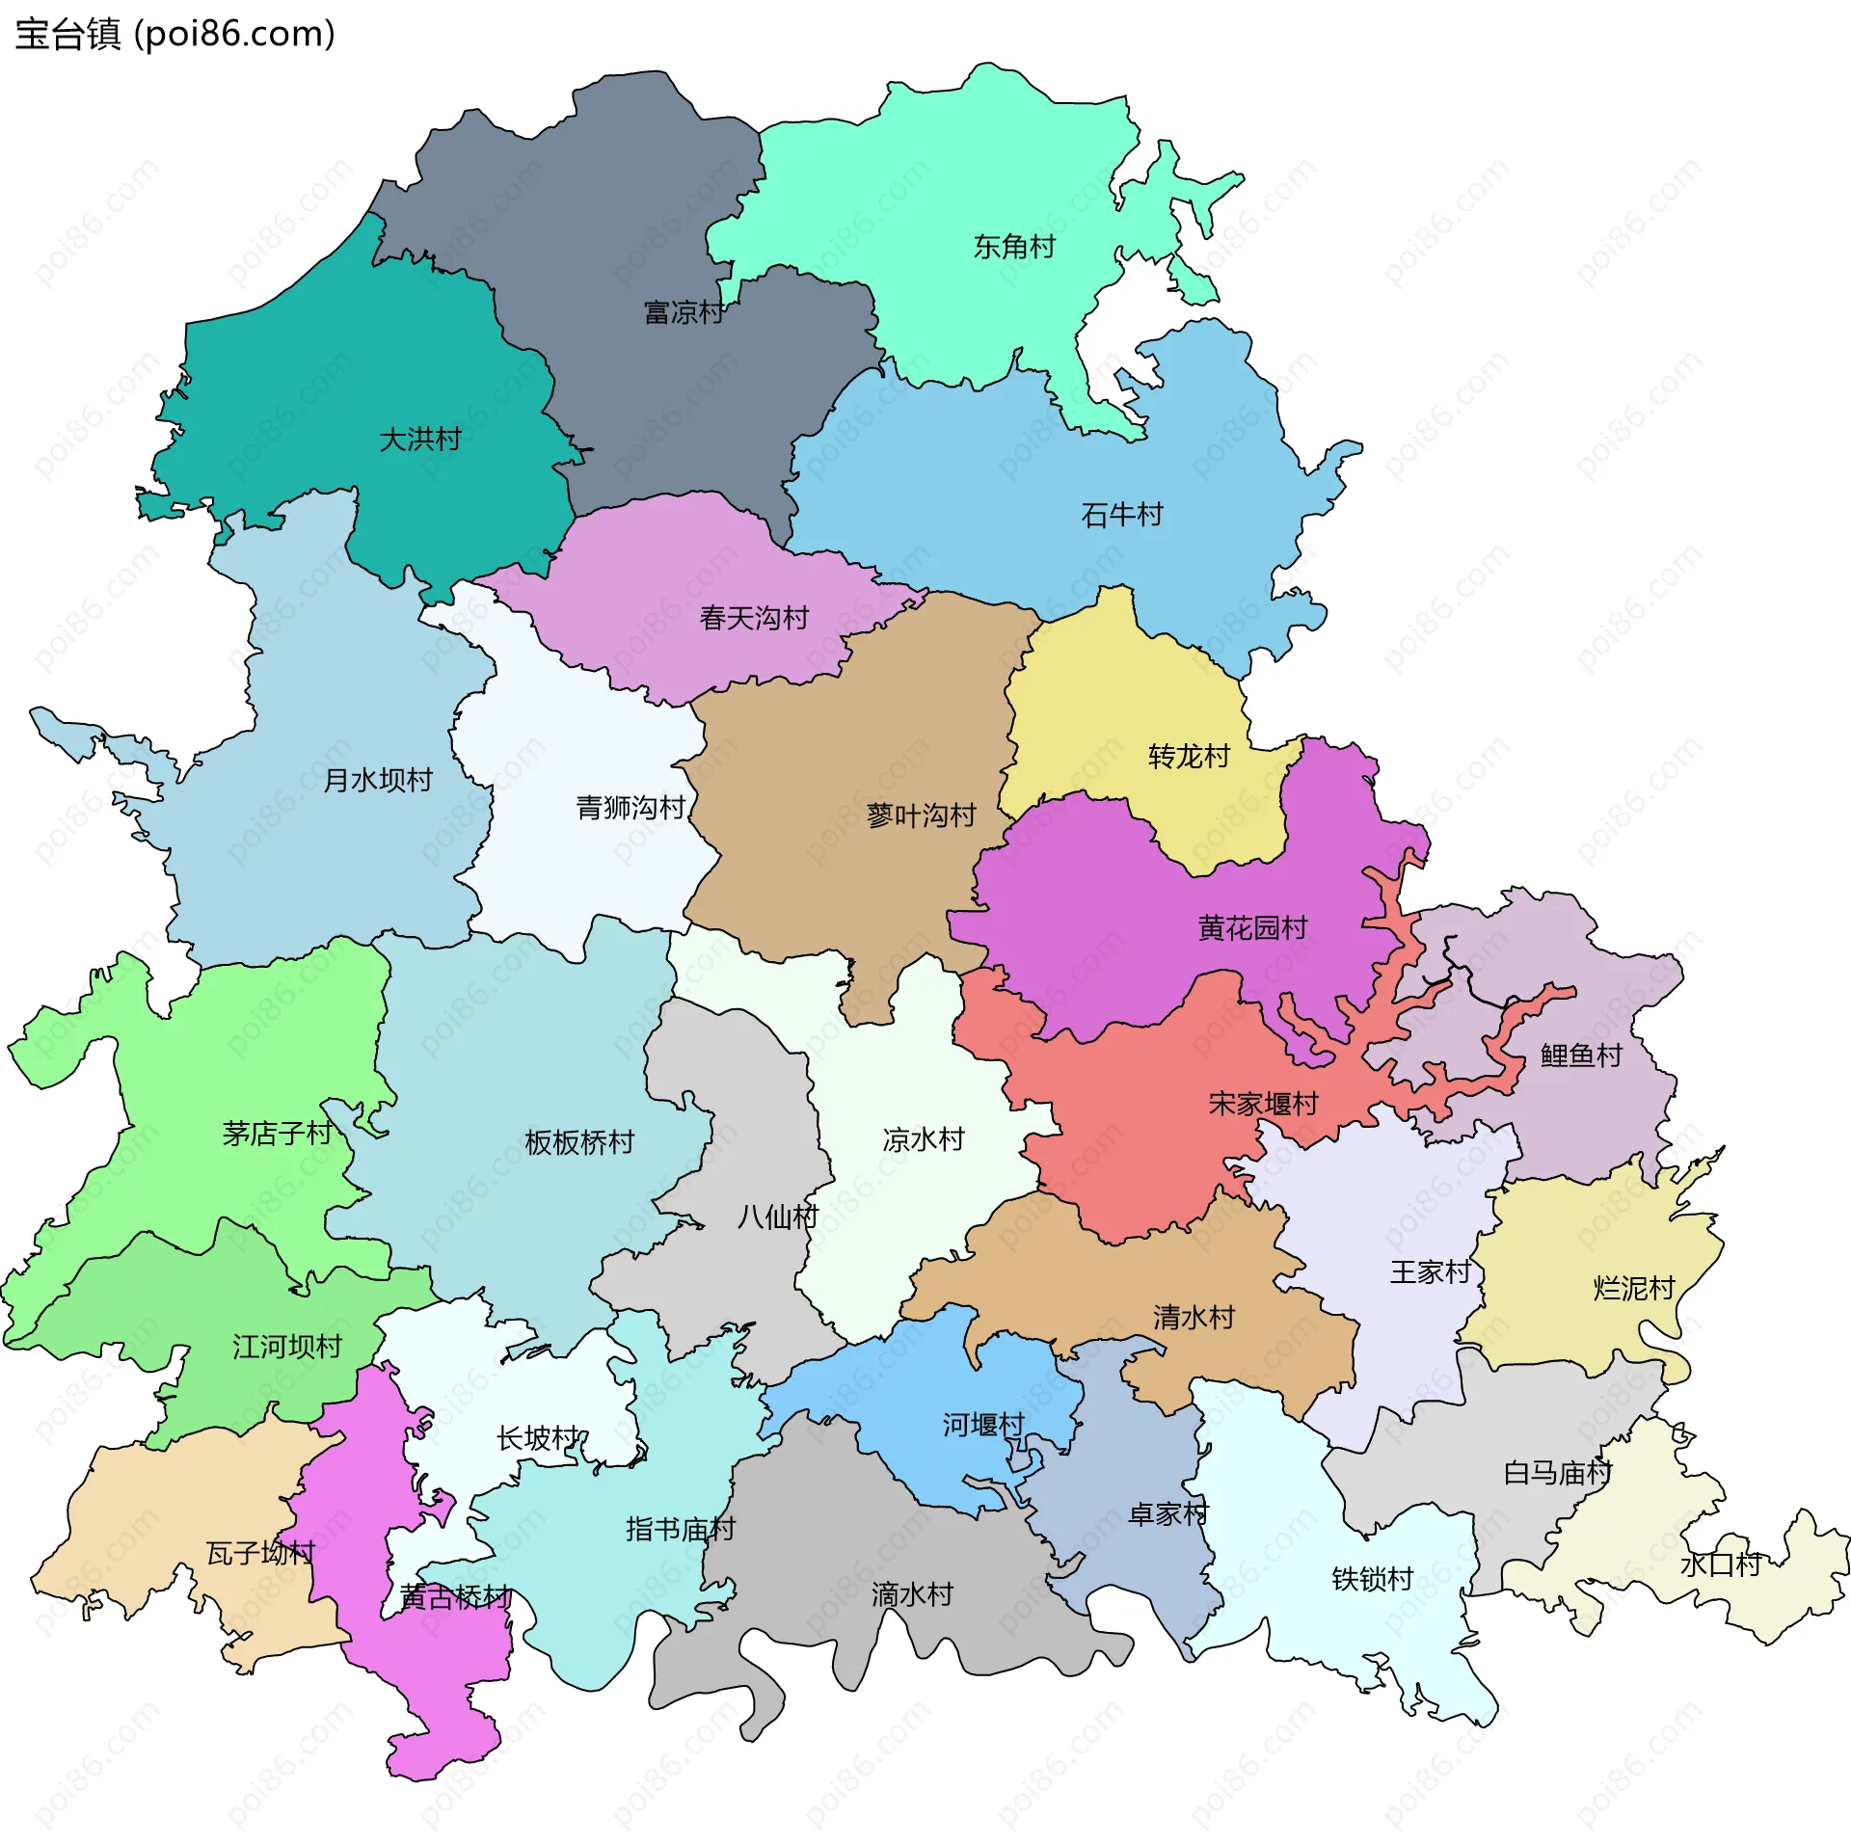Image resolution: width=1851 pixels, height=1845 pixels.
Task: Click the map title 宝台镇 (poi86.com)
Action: point(174,35)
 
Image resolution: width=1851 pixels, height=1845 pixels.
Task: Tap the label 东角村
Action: point(1014,247)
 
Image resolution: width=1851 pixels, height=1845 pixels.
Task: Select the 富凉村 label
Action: point(684,312)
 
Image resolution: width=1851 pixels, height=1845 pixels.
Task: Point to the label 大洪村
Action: point(420,440)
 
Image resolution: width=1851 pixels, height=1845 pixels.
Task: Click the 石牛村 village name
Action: point(1122,515)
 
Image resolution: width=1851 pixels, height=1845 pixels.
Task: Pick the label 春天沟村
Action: point(754,618)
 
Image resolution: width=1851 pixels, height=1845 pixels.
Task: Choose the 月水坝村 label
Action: point(378,780)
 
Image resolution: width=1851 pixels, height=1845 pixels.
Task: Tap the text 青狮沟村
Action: point(630,807)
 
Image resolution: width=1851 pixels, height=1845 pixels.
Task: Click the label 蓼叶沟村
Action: point(921,816)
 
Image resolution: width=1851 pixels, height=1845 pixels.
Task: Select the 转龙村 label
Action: point(1189,756)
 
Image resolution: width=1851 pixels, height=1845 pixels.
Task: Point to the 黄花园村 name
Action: point(1252,927)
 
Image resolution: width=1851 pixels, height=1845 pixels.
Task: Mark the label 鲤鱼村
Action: point(1581,1055)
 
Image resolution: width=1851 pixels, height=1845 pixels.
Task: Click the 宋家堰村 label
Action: point(1263,1104)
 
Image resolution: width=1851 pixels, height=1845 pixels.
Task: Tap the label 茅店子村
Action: point(277,1133)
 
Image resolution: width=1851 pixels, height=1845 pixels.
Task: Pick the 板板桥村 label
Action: point(579,1142)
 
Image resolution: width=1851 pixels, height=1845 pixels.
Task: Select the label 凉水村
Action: point(924,1139)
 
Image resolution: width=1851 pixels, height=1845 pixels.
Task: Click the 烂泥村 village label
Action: point(1634,1288)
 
